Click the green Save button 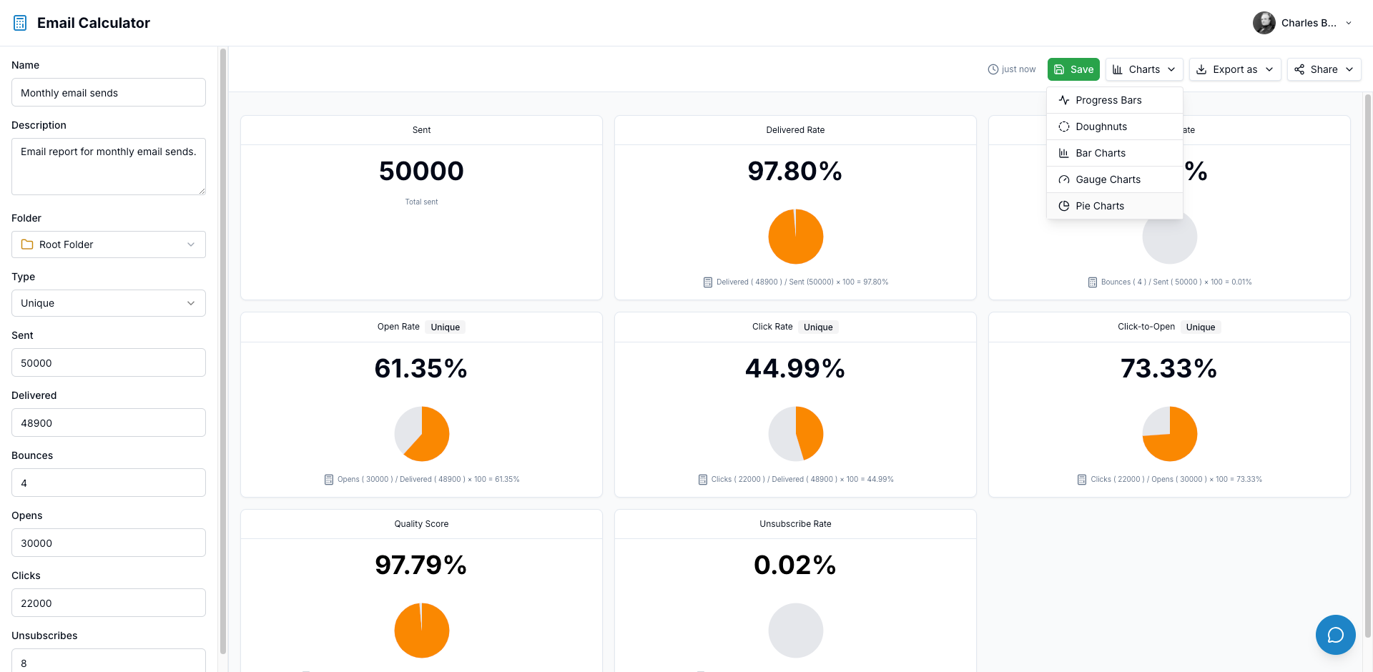[x=1073, y=69]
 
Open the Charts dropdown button [x=1144, y=69]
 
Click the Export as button [x=1235, y=69]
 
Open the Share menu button [x=1324, y=69]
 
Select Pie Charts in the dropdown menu [x=1099, y=206]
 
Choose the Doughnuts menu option [x=1101, y=127]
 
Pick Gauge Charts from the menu [x=1108, y=179]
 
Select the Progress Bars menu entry [x=1108, y=100]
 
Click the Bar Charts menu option [x=1100, y=153]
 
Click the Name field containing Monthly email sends [x=109, y=93]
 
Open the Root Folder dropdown [x=109, y=244]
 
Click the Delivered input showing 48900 [x=109, y=423]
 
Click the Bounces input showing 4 [x=109, y=483]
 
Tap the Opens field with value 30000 [x=109, y=543]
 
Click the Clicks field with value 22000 [x=109, y=603]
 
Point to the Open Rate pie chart [x=422, y=434]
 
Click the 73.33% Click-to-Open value [x=1168, y=369]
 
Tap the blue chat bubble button [x=1335, y=635]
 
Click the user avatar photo [x=1264, y=23]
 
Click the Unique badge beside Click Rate [x=818, y=327]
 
